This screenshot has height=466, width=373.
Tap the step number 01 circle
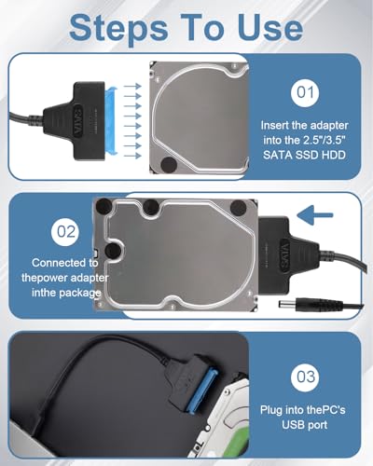(x=304, y=94)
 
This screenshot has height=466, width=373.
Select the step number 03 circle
(x=303, y=379)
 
